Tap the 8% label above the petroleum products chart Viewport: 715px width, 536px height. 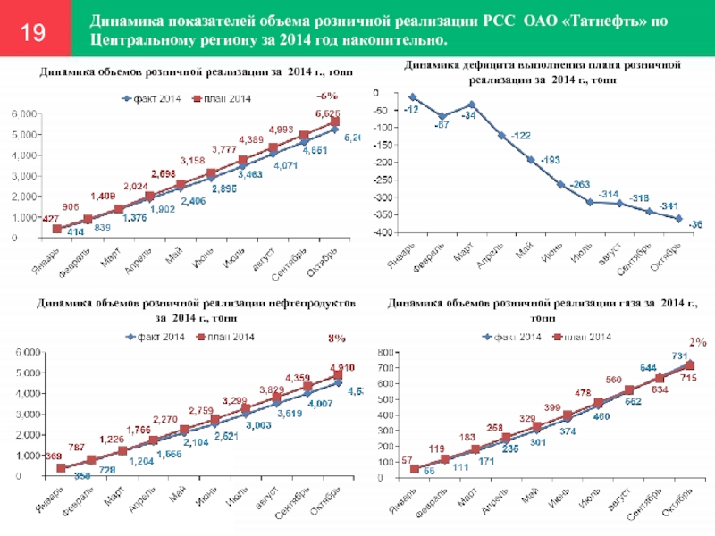coord(336,339)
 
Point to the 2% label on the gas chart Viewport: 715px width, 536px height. coord(697,341)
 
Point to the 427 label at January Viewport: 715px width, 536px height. coord(26,218)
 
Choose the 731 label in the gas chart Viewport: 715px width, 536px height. coord(679,356)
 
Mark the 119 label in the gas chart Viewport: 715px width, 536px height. coord(436,448)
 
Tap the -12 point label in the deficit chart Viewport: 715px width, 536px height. coord(411,109)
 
